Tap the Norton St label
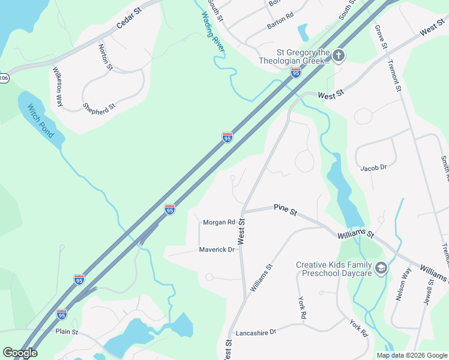click(x=106, y=56)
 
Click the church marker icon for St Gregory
click(x=339, y=56)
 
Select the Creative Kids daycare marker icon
click(x=381, y=268)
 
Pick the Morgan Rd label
click(x=218, y=222)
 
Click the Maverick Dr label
click(x=217, y=250)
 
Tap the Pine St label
click(x=285, y=210)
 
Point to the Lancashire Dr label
click(x=256, y=331)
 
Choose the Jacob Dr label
click(x=373, y=168)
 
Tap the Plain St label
click(x=67, y=331)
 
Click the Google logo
click(x=20, y=353)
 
